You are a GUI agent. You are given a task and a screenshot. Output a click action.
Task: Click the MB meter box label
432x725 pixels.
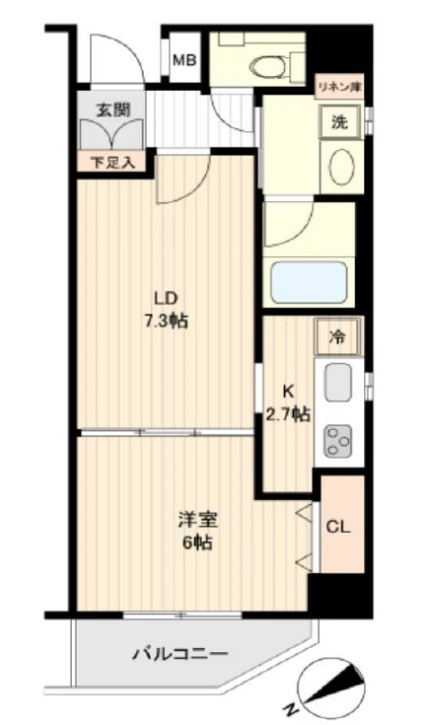[x=184, y=60]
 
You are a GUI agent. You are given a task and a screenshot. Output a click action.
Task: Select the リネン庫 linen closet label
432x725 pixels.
[x=339, y=87]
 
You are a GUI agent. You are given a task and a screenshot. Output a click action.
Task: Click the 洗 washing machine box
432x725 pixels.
[x=340, y=122]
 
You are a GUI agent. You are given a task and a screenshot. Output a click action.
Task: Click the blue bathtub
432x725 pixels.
[x=309, y=281]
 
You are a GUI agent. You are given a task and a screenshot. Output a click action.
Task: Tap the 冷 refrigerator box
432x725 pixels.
[x=337, y=336]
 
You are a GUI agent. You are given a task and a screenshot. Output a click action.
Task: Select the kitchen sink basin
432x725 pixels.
[x=337, y=382]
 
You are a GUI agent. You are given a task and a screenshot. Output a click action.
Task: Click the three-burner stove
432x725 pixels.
[x=337, y=442]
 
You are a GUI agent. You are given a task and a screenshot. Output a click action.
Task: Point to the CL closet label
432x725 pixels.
[x=338, y=527]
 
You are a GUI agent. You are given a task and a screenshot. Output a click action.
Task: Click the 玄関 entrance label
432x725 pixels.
[x=113, y=110]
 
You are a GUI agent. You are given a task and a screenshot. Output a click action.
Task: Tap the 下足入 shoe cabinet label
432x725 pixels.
[x=112, y=163]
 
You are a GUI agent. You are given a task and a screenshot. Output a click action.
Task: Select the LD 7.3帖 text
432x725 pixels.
[x=166, y=309]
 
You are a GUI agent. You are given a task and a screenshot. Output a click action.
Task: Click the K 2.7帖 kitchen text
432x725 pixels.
[x=288, y=403]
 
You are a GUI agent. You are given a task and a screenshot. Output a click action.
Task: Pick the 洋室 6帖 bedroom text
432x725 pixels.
[x=197, y=531]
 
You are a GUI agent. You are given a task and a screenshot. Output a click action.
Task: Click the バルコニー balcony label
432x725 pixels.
[x=180, y=654]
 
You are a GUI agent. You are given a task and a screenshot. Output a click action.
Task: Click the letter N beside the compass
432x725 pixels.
[x=291, y=708]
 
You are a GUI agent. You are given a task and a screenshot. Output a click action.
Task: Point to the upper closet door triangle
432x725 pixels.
[x=305, y=512]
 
